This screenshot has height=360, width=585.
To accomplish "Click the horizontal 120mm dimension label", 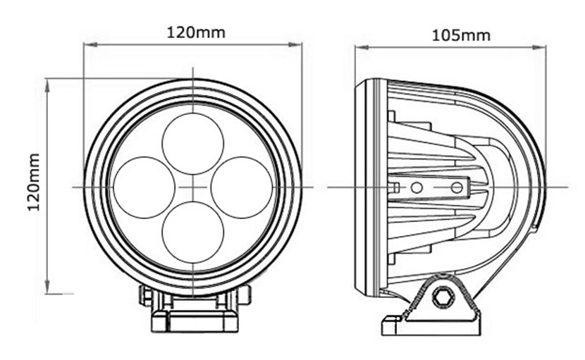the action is tap(195, 32).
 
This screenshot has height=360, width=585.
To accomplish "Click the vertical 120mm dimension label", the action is tap(34, 182).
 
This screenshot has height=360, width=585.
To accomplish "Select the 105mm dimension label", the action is tap(461, 36).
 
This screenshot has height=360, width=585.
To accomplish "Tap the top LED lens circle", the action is tap(193, 144).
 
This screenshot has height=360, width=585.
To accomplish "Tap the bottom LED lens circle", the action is tap(193, 232).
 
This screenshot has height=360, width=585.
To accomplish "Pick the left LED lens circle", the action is tap(144, 187).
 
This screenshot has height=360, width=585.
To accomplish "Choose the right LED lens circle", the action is tap(242, 187).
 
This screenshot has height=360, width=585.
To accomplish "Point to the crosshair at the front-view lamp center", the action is tap(193, 187).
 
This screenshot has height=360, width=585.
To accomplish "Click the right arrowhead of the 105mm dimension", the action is tap(538, 47).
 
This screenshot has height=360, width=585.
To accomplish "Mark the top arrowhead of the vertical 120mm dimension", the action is tap(47, 86).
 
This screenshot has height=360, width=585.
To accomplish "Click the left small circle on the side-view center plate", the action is tap(417, 187).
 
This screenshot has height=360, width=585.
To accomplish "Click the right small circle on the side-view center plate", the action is tap(457, 187).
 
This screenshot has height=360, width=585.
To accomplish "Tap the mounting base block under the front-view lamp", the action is tap(195, 321).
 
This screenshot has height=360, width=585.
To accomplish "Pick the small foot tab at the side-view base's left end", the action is tap(393, 325).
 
